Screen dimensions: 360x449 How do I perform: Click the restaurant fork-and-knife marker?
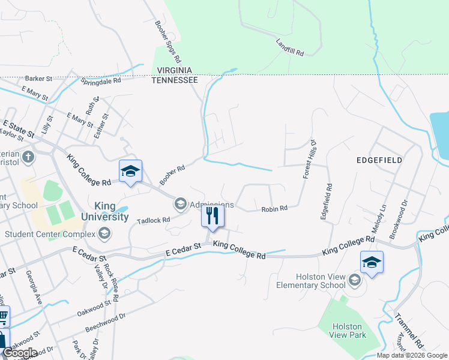(212, 215)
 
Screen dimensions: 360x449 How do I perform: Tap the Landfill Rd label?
(291, 48)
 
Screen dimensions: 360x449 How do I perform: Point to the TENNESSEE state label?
(175, 80)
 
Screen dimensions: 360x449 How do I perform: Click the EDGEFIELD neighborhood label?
(379, 161)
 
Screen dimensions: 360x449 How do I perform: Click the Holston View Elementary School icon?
(355, 280)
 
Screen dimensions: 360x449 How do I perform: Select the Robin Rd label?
(274, 209)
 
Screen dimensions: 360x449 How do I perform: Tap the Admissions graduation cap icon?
(180, 205)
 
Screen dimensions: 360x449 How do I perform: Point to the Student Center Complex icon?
(104, 233)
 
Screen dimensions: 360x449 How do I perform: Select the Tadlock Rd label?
(154, 221)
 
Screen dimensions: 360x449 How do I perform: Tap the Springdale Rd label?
(101, 80)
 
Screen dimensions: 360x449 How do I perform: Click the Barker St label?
(40, 79)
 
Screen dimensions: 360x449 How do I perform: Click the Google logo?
(19, 353)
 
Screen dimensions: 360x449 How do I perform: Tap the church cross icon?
(28, 158)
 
